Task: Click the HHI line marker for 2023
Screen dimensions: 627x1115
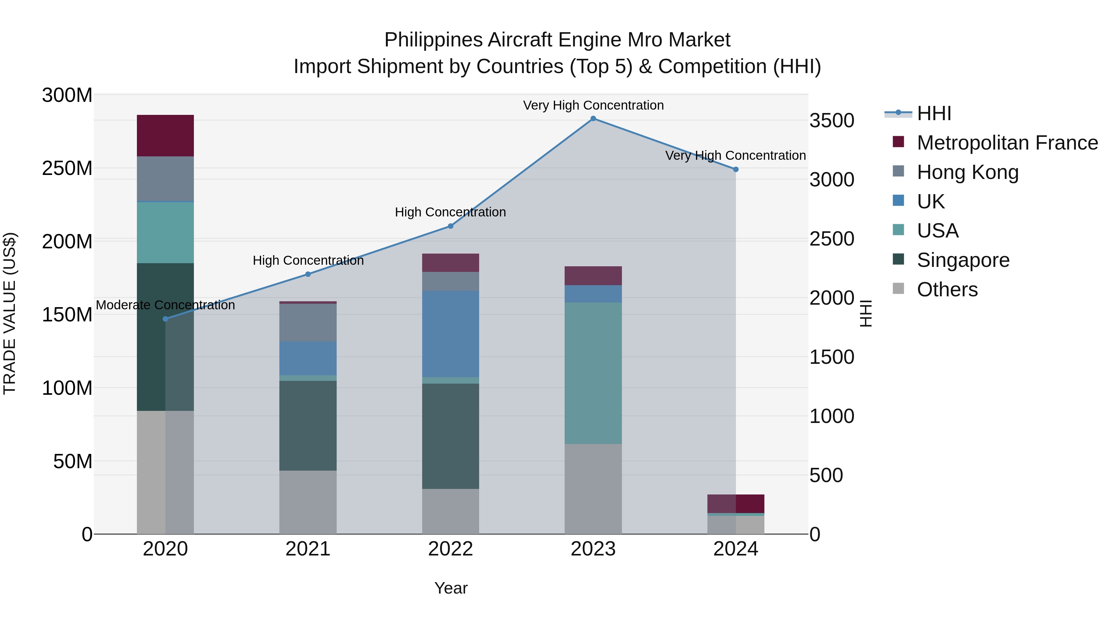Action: coord(593,119)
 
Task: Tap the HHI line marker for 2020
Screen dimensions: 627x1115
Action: coord(165,319)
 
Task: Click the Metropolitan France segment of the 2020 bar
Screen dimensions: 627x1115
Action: coord(165,135)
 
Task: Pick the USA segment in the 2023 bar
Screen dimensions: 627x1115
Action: coord(593,373)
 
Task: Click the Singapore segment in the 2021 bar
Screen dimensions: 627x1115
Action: coord(308,425)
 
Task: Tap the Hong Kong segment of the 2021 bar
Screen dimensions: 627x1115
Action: coord(308,322)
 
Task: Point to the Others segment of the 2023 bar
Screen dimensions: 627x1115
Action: coord(593,489)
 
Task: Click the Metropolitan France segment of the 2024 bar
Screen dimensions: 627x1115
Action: coord(735,504)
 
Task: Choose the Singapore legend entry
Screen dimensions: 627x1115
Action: coord(963,260)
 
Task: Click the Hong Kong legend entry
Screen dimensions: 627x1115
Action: coord(967,172)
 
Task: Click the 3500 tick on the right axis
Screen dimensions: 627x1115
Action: coord(832,121)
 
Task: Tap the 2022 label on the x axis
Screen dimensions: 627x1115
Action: coord(451,549)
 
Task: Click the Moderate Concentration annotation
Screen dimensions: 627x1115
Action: coord(165,305)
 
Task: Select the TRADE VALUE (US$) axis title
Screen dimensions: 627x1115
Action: coord(10,313)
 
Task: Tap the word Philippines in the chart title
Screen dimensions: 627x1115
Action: coord(433,40)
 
